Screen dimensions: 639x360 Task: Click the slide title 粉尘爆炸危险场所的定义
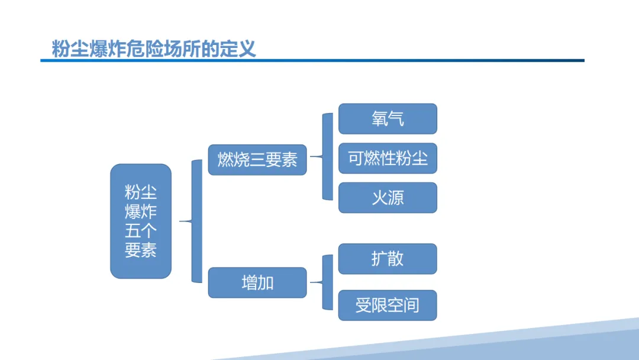click(x=154, y=48)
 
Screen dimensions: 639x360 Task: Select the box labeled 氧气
click(x=388, y=119)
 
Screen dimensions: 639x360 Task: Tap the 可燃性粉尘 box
click(x=388, y=158)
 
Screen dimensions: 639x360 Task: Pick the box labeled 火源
click(x=388, y=198)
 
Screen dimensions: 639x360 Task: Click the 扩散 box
click(x=388, y=259)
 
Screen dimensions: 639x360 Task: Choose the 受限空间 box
click(x=388, y=306)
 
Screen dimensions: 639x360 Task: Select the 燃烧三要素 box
click(x=257, y=160)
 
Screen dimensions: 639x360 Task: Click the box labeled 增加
click(x=257, y=282)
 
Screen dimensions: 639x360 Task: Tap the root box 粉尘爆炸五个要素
click(x=141, y=221)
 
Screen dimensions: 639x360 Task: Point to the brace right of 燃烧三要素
click(x=326, y=157)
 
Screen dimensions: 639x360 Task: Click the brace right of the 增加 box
click(x=326, y=282)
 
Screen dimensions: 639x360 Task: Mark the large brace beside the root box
click(x=195, y=221)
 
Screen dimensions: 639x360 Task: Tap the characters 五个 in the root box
click(x=141, y=230)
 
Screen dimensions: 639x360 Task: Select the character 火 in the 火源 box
click(x=379, y=198)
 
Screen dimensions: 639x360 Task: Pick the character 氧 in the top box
click(x=379, y=119)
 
